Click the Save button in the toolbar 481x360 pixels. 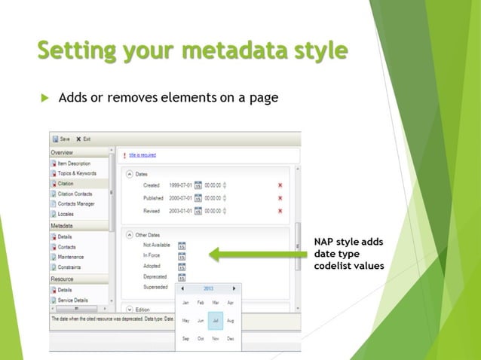[61, 139]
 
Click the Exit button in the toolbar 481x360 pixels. [84, 139]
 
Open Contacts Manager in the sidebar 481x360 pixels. [76, 203]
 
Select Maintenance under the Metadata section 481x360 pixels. [71, 257]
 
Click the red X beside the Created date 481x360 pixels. [280, 185]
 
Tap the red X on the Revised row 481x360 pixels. [280, 211]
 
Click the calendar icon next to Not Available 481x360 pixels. [182, 246]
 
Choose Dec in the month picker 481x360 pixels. [230, 339]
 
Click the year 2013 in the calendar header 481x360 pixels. [209, 288]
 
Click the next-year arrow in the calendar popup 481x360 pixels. [234, 288]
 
